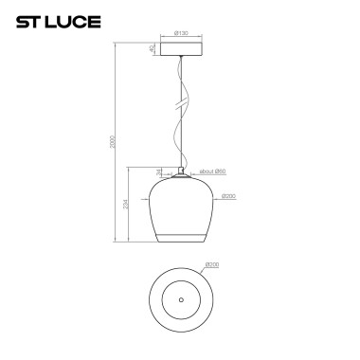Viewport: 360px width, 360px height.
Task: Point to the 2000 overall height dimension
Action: (113, 141)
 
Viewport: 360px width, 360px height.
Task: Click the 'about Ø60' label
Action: (211, 171)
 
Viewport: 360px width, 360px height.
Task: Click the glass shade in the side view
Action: (180, 208)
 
